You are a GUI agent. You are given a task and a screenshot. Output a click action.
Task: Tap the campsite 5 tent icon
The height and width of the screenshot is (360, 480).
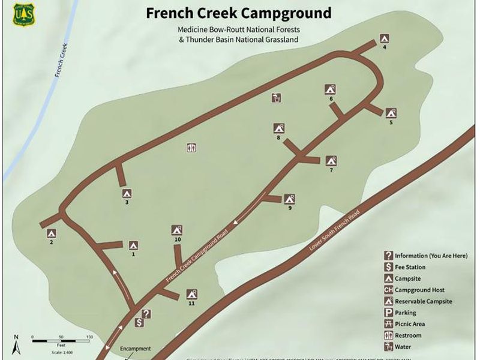391,113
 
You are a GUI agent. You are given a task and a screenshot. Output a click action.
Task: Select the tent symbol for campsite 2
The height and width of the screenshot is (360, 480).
52,233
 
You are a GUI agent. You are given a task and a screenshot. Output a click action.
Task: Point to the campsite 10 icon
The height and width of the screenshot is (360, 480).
177,230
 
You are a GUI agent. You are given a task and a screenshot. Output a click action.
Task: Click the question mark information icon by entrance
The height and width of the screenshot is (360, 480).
146,314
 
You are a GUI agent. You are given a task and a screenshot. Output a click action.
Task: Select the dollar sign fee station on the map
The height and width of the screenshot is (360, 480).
139,323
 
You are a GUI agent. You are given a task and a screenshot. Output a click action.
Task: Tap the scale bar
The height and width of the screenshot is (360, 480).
61,341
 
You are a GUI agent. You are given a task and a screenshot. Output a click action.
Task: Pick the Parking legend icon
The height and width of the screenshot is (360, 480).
389,313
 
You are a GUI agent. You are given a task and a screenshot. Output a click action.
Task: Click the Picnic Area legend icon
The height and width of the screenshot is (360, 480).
389,324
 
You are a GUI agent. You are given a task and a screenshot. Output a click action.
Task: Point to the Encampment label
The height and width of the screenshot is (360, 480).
135,349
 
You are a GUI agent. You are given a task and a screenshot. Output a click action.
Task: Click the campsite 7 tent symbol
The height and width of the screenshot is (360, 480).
331,160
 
